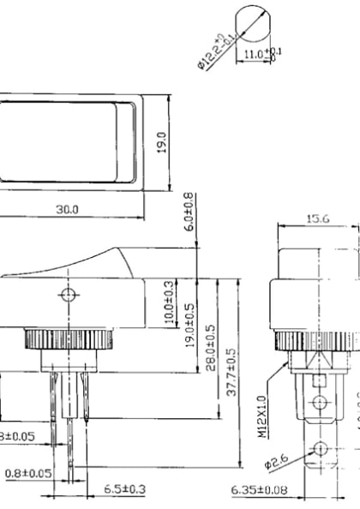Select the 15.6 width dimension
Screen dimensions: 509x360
point(317,219)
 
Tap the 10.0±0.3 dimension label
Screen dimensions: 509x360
point(170,302)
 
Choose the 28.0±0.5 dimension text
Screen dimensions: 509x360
point(211,347)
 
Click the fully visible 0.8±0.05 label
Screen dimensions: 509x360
point(27,472)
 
